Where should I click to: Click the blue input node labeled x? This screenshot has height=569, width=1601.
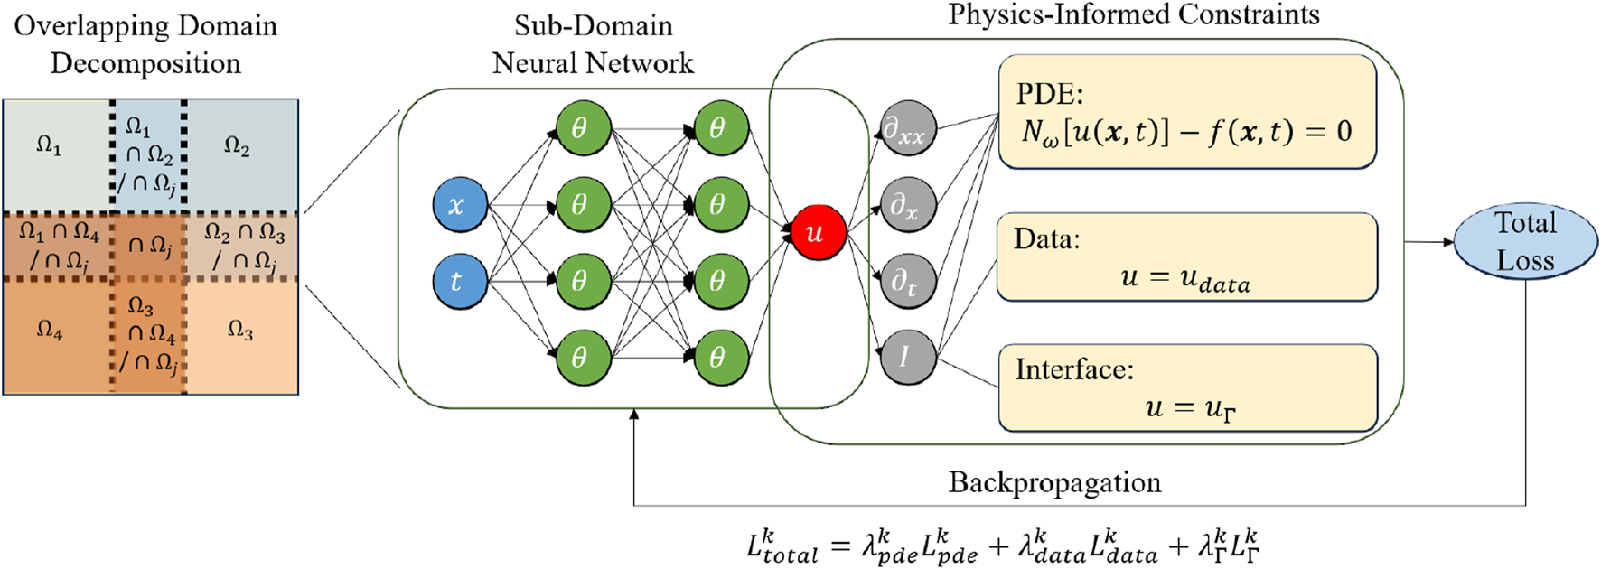pyautogui.click(x=460, y=205)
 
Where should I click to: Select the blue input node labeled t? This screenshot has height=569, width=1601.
pyautogui.click(x=460, y=282)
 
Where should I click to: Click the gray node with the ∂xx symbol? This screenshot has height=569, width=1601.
pyautogui.click(x=907, y=129)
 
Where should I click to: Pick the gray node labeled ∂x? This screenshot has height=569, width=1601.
pyautogui.click(x=907, y=205)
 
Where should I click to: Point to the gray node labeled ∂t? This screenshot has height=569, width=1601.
pyautogui.click(x=907, y=282)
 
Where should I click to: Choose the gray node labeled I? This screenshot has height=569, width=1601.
pyautogui.click(x=907, y=357)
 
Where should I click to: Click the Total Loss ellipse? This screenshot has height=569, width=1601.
pyautogui.click(x=1525, y=241)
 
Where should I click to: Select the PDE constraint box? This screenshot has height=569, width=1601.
pyautogui.click(x=1186, y=112)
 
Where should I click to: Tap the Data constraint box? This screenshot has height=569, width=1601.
pyautogui.click(x=1186, y=257)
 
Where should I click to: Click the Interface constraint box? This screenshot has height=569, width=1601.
pyautogui.click(x=1186, y=387)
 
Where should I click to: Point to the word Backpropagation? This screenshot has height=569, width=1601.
pyautogui.click(x=1054, y=482)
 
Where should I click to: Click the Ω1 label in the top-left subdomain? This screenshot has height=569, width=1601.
pyautogui.click(x=49, y=145)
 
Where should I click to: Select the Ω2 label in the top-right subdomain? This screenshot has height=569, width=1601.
pyautogui.click(x=237, y=145)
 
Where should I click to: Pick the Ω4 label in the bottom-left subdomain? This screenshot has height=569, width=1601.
pyautogui.click(x=49, y=331)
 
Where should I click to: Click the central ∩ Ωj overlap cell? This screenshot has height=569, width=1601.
pyautogui.click(x=149, y=245)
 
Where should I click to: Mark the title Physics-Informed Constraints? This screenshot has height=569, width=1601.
pyautogui.click(x=1133, y=14)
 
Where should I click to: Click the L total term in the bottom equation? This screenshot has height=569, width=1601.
pyautogui.click(x=782, y=546)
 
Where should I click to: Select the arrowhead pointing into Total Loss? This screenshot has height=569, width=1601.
pyautogui.click(x=1447, y=241)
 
